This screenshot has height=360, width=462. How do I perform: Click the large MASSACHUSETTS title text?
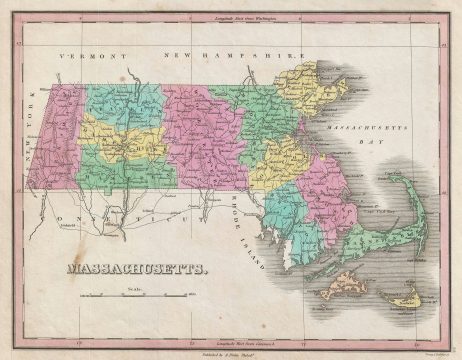click(138, 268)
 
